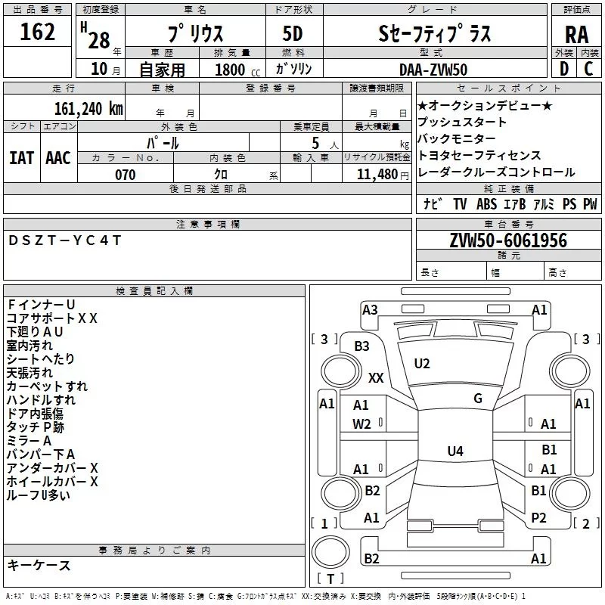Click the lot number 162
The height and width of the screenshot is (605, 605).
tap(38, 33)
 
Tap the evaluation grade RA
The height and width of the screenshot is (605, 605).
tap(576, 35)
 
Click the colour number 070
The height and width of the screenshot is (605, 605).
tap(125, 175)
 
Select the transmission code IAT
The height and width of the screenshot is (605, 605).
tap(21, 158)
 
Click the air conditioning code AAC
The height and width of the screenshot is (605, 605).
tap(58, 158)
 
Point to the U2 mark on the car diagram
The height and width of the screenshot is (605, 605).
tap(422, 364)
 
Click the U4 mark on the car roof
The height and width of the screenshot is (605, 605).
tap(455, 451)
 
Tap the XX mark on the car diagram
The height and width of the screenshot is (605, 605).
tap(376, 377)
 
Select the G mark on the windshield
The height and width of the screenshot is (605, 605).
tap(478, 399)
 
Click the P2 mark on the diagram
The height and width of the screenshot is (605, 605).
tap(538, 518)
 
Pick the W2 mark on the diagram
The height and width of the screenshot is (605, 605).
tap(361, 424)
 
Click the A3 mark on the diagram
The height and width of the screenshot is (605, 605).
tap(370, 309)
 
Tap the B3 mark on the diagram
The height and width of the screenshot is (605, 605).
tap(362, 346)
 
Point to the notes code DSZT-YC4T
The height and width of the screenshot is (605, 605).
tap(65, 240)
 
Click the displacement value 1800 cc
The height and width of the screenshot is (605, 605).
tap(237, 70)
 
